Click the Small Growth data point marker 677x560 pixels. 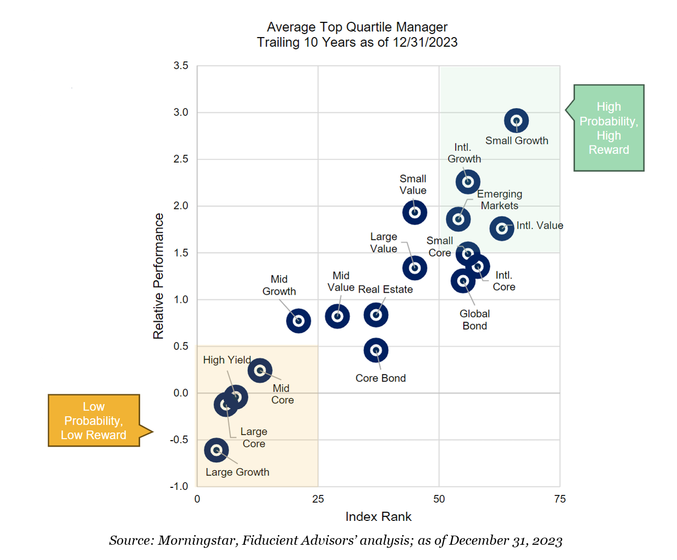pos(517,121)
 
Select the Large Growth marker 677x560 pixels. pos(216,450)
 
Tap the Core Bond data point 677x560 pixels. pos(376,351)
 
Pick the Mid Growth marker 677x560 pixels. pos(299,321)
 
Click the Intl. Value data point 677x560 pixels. pos(502,229)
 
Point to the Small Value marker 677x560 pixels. pos(414,212)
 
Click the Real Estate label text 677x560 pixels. pos(385,290)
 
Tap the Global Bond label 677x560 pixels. pos(475,320)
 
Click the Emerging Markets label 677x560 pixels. pos(500,200)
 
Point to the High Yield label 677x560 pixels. pos(227,360)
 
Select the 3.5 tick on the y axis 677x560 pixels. pos(181,66)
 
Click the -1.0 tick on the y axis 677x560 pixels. pos(179,486)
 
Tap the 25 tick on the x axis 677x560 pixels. pos(318,499)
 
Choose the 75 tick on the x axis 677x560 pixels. pos(560,499)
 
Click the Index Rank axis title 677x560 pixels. pos(378,517)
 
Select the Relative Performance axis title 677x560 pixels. pos(158,276)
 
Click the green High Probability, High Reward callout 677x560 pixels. pos(608,128)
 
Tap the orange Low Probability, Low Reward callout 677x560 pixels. pos(94,421)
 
